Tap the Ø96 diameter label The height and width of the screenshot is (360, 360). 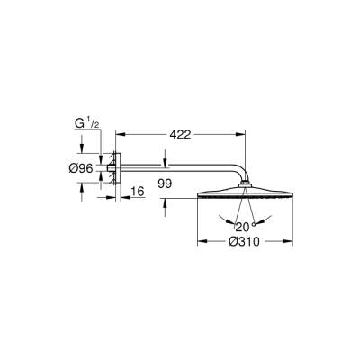[83, 169]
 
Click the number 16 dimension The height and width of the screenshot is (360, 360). [138, 192]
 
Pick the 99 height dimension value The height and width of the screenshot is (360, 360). [164, 184]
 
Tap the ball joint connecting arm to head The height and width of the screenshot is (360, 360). [244, 185]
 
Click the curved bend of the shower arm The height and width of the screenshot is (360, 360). [236, 174]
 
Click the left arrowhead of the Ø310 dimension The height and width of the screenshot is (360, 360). [200, 242]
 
